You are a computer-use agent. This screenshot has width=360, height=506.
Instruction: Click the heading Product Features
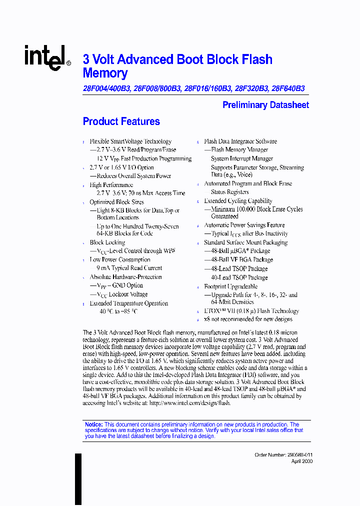pos(121,121)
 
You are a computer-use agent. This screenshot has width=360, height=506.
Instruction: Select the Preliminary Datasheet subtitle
pos(265,105)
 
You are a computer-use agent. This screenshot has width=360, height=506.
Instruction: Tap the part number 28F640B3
pos(287,88)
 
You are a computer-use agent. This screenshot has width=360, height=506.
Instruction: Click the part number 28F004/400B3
pos(106,88)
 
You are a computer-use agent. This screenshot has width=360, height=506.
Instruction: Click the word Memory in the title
pos(105,73)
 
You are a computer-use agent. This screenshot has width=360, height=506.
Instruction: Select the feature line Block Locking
pos(107,242)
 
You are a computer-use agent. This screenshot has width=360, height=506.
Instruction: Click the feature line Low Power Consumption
pos(119,259)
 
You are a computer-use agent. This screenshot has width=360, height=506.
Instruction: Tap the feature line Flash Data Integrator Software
pos(240,141)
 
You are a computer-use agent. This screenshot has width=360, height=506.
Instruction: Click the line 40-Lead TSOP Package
pos(239,277)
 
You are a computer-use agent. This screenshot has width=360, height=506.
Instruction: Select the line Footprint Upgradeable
pos(230,286)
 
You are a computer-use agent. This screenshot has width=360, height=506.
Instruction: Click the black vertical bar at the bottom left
pos(78,478)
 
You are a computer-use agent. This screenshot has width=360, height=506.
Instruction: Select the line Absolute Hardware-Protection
pos(125,277)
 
